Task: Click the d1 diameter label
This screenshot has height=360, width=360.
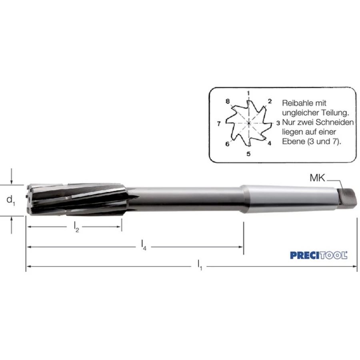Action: [x=10, y=200]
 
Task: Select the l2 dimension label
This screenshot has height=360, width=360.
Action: [x=76, y=227]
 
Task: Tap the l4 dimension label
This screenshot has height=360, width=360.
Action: [x=144, y=245]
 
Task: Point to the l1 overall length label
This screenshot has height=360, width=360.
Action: [x=200, y=266]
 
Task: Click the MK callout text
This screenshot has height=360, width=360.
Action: [x=317, y=178]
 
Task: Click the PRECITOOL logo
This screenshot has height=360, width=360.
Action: [x=319, y=255]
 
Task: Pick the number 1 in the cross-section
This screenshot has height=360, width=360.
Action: [x=248, y=93]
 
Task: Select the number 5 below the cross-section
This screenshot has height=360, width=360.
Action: [x=248, y=154]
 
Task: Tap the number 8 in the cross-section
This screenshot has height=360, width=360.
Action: [x=228, y=101]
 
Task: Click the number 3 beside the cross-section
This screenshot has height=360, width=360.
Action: [x=278, y=123]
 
